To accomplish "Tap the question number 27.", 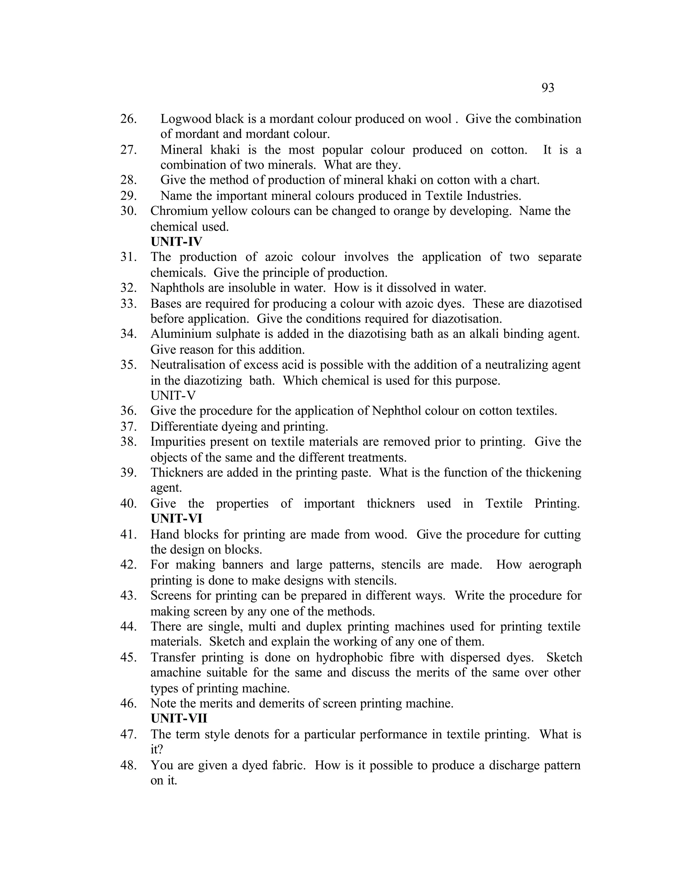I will [128, 150].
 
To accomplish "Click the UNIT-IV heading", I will [176, 242].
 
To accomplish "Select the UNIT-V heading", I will [172, 396].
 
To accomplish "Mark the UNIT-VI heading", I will [176, 518].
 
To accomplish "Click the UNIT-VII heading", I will [178, 718].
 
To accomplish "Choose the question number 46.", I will [128, 703].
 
